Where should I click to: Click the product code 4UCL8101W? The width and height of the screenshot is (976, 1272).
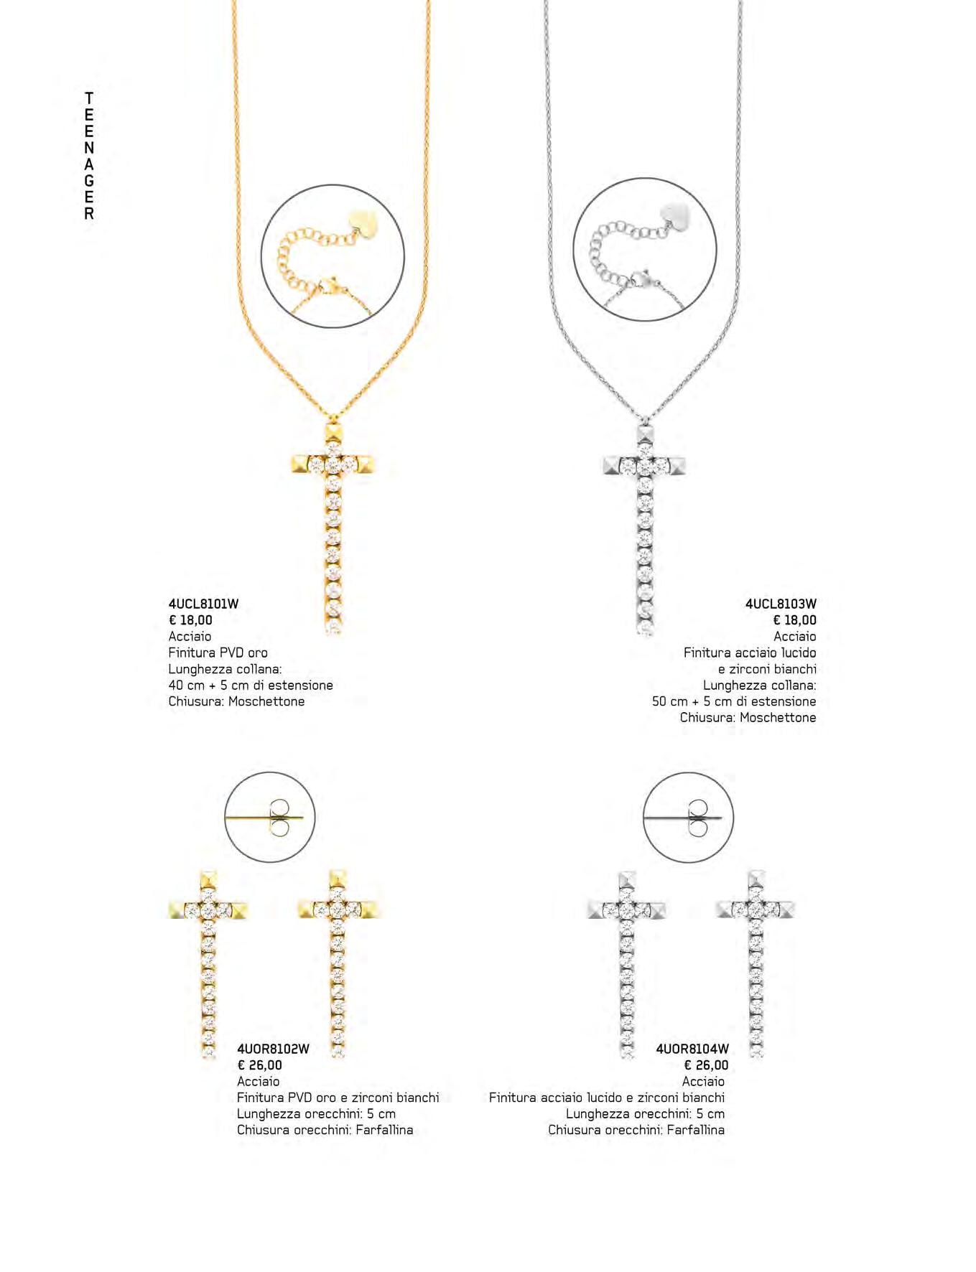coord(203,604)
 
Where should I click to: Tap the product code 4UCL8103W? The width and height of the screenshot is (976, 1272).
coord(781,604)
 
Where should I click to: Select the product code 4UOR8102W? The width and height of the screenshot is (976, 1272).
coord(273,1049)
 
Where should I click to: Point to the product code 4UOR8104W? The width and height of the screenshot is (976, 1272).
coord(692,1049)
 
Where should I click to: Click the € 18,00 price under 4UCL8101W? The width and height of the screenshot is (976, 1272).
coord(190,620)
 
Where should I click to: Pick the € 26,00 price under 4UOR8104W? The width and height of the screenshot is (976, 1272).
coord(706,1065)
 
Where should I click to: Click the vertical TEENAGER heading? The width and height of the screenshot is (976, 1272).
coord(89,156)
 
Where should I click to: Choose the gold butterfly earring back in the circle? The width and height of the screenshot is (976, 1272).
coord(279,818)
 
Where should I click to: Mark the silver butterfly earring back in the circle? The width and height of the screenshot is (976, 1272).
coord(697,818)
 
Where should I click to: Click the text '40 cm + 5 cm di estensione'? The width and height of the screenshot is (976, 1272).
coord(251,686)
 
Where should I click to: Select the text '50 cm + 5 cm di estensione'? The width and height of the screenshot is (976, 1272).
coord(734,701)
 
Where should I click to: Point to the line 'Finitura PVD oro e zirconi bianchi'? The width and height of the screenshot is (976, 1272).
coord(338,1098)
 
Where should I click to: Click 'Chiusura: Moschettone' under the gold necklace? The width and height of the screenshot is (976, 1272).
coord(236,701)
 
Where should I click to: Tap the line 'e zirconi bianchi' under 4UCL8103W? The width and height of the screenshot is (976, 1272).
coord(767,669)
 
